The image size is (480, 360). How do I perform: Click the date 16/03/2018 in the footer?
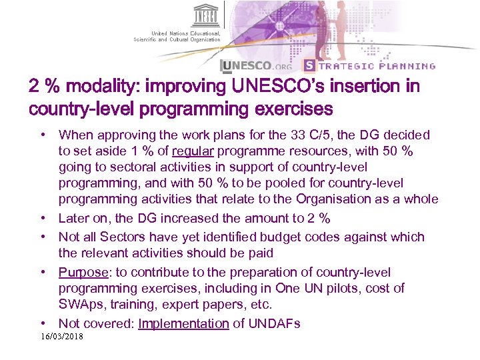[62, 337]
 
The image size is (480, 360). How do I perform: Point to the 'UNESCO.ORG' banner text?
[257, 66]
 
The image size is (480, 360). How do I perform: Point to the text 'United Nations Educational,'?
[185, 33]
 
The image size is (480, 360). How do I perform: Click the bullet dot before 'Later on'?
[43, 219]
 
